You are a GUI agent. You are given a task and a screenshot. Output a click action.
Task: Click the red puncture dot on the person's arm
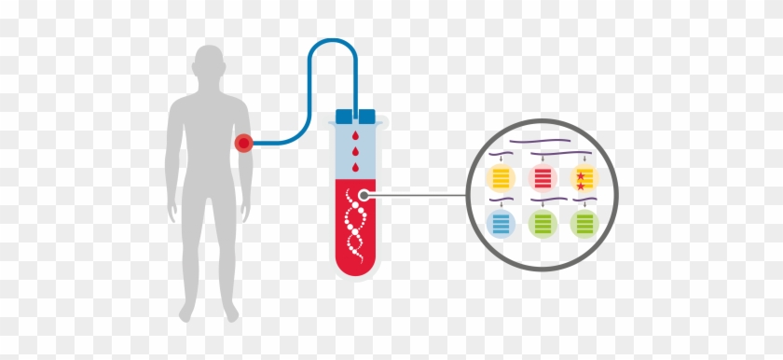[244, 143]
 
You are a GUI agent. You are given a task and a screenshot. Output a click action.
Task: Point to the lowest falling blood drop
[354, 169]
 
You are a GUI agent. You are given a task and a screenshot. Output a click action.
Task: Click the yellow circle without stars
[501, 176]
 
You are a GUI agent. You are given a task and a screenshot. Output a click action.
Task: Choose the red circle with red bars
[543, 176]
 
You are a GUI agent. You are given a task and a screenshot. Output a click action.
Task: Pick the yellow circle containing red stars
[584, 176]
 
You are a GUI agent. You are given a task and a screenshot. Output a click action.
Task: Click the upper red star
[581, 173]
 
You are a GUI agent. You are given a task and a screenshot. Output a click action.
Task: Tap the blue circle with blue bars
[501, 223]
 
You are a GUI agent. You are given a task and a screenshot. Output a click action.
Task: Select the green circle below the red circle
[543, 223]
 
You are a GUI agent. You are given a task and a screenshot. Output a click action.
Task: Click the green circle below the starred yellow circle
[584, 223]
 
